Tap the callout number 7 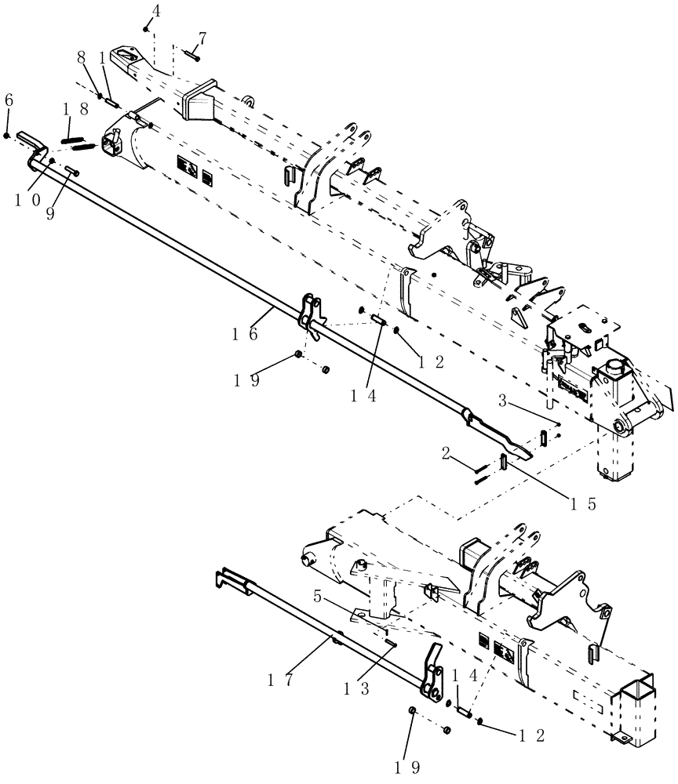pos(203,38)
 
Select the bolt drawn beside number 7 pos(193,55)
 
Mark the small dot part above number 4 pos(147,28)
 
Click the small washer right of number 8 pos(100,96)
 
